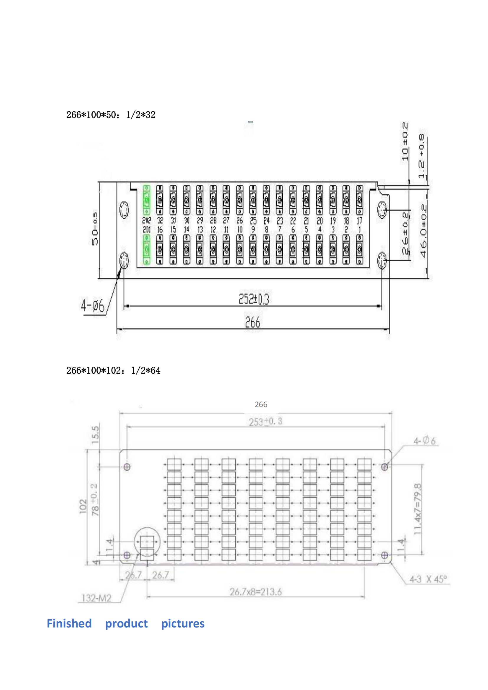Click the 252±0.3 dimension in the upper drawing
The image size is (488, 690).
point(254,299)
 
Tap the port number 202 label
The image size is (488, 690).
point(146,220)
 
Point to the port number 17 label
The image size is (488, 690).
point(359,220)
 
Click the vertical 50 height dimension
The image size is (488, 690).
point(95,229)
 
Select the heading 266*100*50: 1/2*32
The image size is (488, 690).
point(111,115)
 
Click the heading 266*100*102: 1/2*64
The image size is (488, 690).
point(113,371)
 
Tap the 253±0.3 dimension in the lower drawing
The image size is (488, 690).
point(265,422)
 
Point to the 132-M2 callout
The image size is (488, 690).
point(96,598)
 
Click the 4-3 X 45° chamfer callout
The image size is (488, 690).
point(428,579)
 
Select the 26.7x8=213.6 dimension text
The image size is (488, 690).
point(256,592)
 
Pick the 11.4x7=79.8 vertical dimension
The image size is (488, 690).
point(418,509)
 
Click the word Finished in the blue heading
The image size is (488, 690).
point(69,623)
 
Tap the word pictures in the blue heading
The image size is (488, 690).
point(183,623)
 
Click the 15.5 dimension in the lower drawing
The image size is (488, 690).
point(95,435)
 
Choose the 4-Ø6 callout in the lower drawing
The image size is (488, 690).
point(424,441)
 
